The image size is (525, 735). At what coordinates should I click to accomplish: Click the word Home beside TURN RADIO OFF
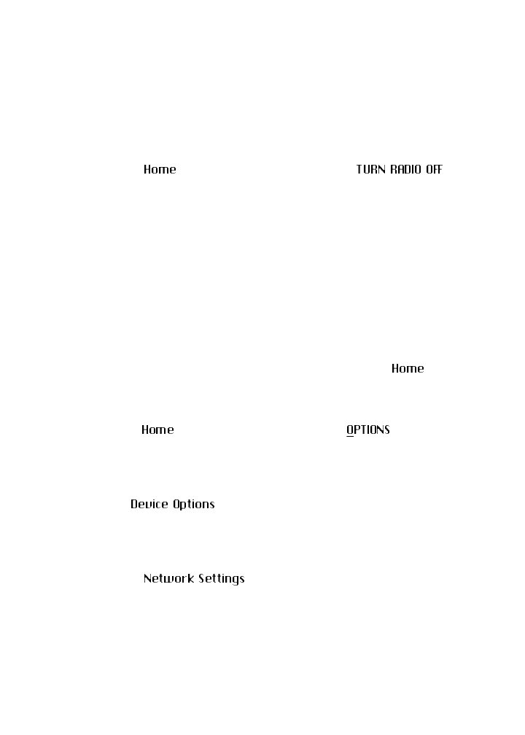(x=160, y=170)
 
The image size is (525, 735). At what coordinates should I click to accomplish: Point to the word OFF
(x=434, y=170)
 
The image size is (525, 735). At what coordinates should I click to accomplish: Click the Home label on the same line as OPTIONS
(x=157, y=430)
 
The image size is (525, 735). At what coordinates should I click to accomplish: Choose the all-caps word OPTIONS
(x=368, y=430)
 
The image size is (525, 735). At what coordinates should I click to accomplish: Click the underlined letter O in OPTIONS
(x=350, y=430)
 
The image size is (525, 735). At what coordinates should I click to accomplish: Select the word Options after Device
(x=194, y=505)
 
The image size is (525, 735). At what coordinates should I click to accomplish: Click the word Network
(x=168, y=579)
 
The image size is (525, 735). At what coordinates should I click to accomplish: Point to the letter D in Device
(x=134, y=505)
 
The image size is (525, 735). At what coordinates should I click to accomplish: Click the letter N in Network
(x=147, y=579)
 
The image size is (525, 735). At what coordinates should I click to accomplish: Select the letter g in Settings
(x=236, y=580)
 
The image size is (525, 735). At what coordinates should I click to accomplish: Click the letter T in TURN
(x=359, y=170)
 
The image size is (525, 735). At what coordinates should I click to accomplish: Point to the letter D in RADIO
(x=406, y=170)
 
